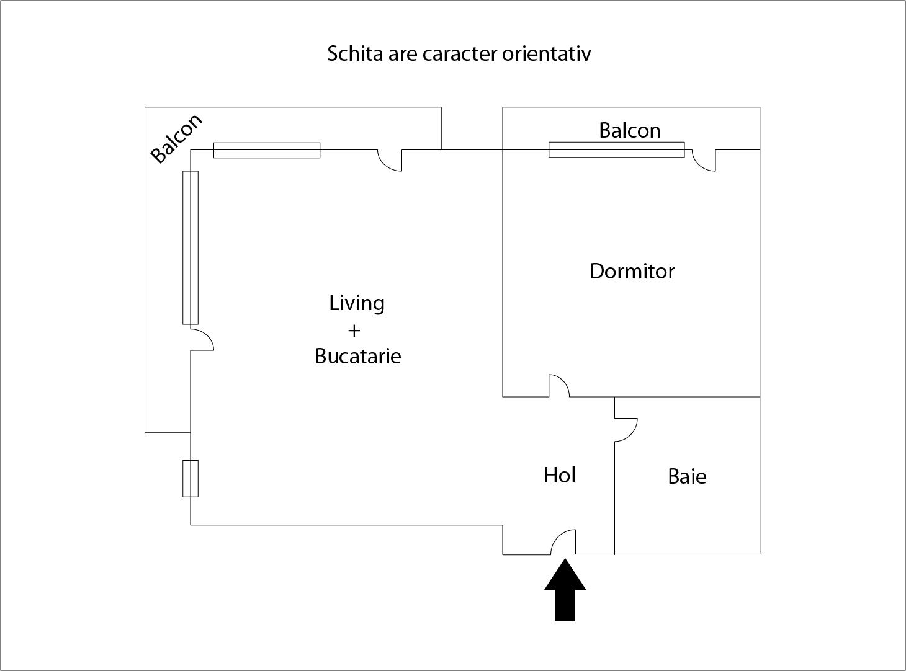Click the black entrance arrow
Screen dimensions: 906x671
point(565,590)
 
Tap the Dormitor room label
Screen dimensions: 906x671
point(632,271)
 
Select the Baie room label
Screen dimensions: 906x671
point(687,477)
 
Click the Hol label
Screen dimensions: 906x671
point(560,475)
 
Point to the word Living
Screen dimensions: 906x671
point(357,304)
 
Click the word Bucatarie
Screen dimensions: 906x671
point(358,356)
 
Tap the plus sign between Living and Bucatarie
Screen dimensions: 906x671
point(354,331)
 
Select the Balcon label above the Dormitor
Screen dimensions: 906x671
point(629,131)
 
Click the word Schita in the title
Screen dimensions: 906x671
point(355,53)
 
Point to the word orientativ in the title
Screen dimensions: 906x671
point(546,53)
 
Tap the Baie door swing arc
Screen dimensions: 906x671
point(626,430)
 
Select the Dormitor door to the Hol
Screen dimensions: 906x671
point(558,386)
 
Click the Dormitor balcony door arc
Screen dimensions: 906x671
point(704,161)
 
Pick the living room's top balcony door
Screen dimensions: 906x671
point(390,161)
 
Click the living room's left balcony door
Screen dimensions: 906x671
point(202,339)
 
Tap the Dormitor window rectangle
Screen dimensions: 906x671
point(616,150)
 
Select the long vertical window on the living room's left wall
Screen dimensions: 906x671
point(191,248)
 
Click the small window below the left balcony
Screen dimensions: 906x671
point(191,479)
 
